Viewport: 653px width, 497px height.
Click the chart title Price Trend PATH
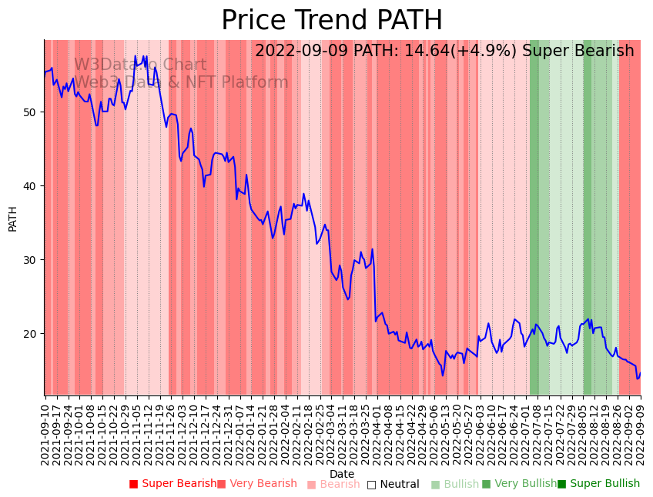pos(332,21)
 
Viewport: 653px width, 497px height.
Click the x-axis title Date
pos(342,474)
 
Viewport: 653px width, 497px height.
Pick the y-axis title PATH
pos(12,218)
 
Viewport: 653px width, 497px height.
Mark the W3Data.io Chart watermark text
pos(140,65)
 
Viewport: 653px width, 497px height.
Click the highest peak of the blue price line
pos(135,55)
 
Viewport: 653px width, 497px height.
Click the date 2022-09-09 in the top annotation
pos(302,52)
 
